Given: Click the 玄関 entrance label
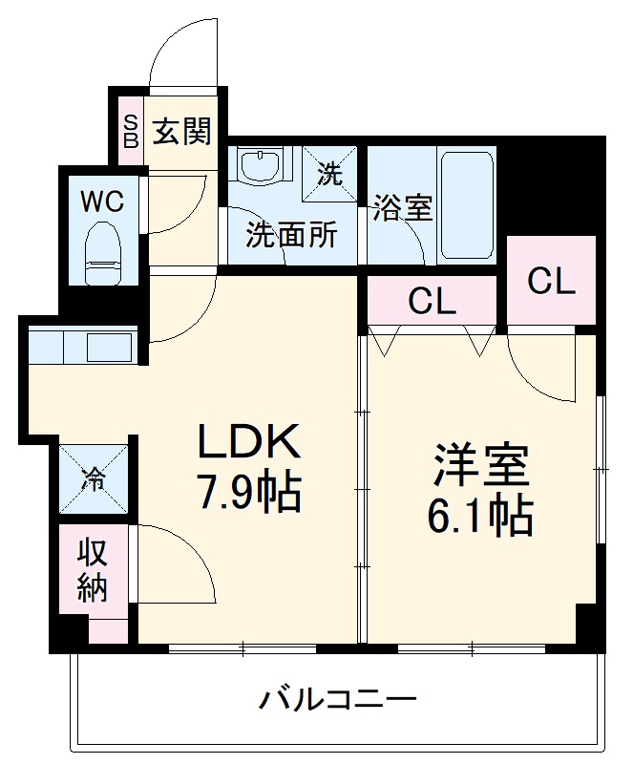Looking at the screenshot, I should [x=183, y=131].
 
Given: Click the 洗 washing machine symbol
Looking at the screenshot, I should [x=329, y=174].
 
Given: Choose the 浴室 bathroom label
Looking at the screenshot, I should [x=403, y=206].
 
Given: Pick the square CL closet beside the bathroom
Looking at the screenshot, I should [x=551, y=281].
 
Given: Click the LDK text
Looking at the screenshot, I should [x=249, y=442].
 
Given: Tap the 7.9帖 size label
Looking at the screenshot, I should [x=249, y=494].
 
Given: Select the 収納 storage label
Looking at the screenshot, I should [x=92, y=570].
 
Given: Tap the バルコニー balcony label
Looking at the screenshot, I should [x=339, y=700].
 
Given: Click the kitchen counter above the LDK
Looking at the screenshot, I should [x=84, y=345].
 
